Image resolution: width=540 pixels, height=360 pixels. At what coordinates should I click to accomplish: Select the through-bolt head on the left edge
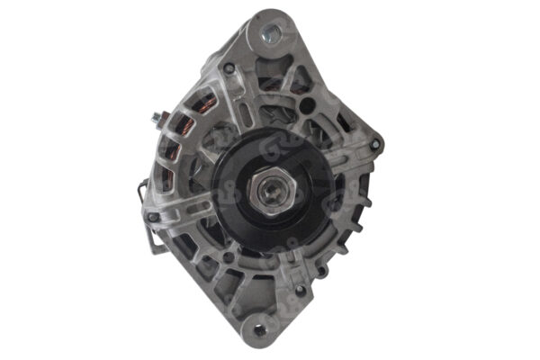coord(154,217)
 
